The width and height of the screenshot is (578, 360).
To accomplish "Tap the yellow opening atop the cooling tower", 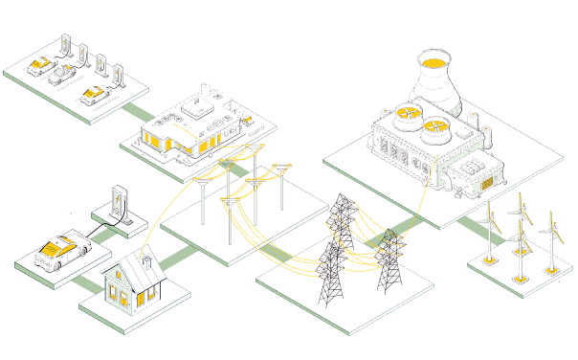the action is point(434,61).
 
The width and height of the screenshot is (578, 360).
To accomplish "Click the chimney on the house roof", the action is point(145,259).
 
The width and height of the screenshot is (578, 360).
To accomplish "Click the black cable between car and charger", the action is point(101,227).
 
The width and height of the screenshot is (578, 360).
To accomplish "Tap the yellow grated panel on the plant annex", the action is point(489,179).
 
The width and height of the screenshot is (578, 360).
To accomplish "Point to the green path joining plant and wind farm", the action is point(470,228).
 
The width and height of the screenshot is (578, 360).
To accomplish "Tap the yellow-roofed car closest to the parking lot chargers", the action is point(93,94).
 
